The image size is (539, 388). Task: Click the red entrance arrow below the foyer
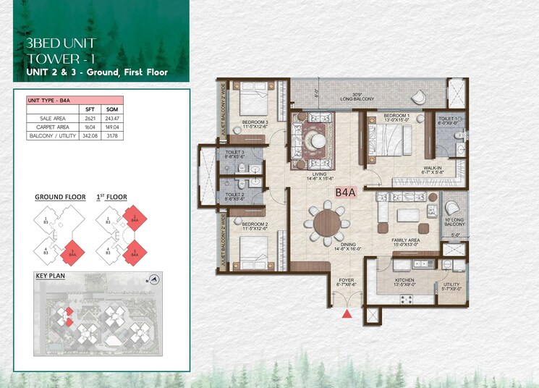tap(348, 313)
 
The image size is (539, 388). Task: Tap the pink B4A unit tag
tap(344, 192)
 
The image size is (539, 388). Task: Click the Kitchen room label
tap(404, 280)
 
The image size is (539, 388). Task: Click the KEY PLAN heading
tap(51, 277)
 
